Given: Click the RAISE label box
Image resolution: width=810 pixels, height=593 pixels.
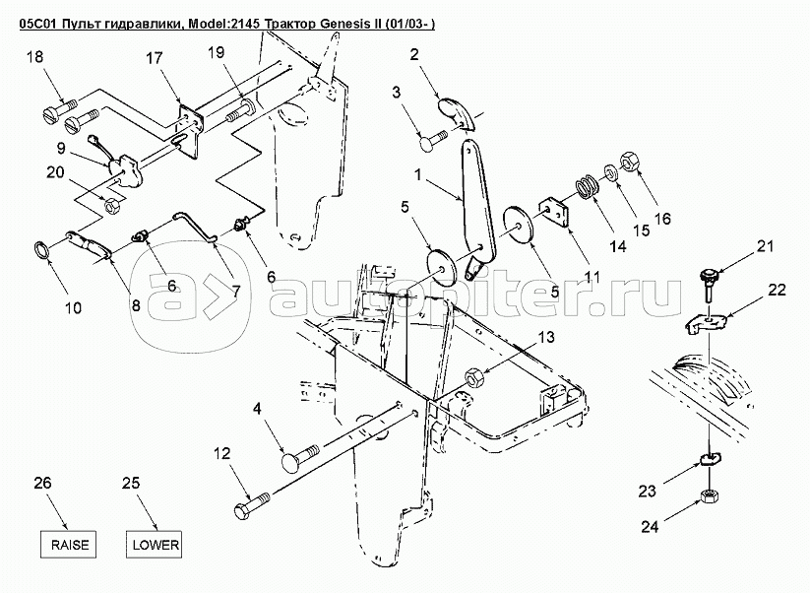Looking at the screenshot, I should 70,544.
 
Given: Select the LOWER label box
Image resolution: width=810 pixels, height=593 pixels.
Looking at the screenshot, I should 155,544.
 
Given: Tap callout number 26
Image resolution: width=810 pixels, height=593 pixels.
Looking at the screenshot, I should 40,483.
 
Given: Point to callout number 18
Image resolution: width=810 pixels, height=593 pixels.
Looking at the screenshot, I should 34,58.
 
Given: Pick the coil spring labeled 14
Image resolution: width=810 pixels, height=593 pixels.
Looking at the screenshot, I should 588,185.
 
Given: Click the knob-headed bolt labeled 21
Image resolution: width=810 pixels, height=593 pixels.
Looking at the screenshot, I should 705,280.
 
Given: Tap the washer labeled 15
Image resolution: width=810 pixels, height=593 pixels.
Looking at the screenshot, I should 611,173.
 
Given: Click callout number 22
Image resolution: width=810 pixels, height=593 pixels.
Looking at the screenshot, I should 777,292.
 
